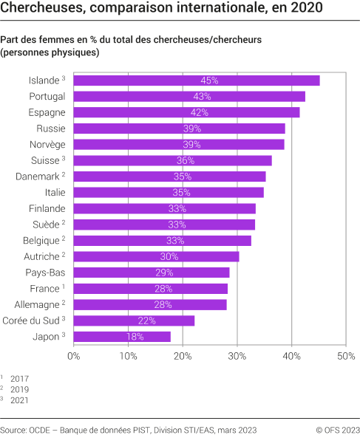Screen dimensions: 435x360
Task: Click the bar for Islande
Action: [x=197, y=81]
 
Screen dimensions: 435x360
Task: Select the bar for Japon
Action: [x=122, y=337]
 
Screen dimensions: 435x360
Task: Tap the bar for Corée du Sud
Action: [x=134, y=321]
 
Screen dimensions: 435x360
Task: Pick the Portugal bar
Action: [x=189, y=97]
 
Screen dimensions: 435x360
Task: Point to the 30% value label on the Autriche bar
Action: [x=169, y=257]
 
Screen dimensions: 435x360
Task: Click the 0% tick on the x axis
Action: [x=74, y=356]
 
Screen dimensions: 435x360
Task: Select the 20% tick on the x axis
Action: [x=183, y=356]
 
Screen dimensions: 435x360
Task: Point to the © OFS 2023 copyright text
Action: [x=337, y=428]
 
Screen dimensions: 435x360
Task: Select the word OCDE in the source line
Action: [x=45, y=428]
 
